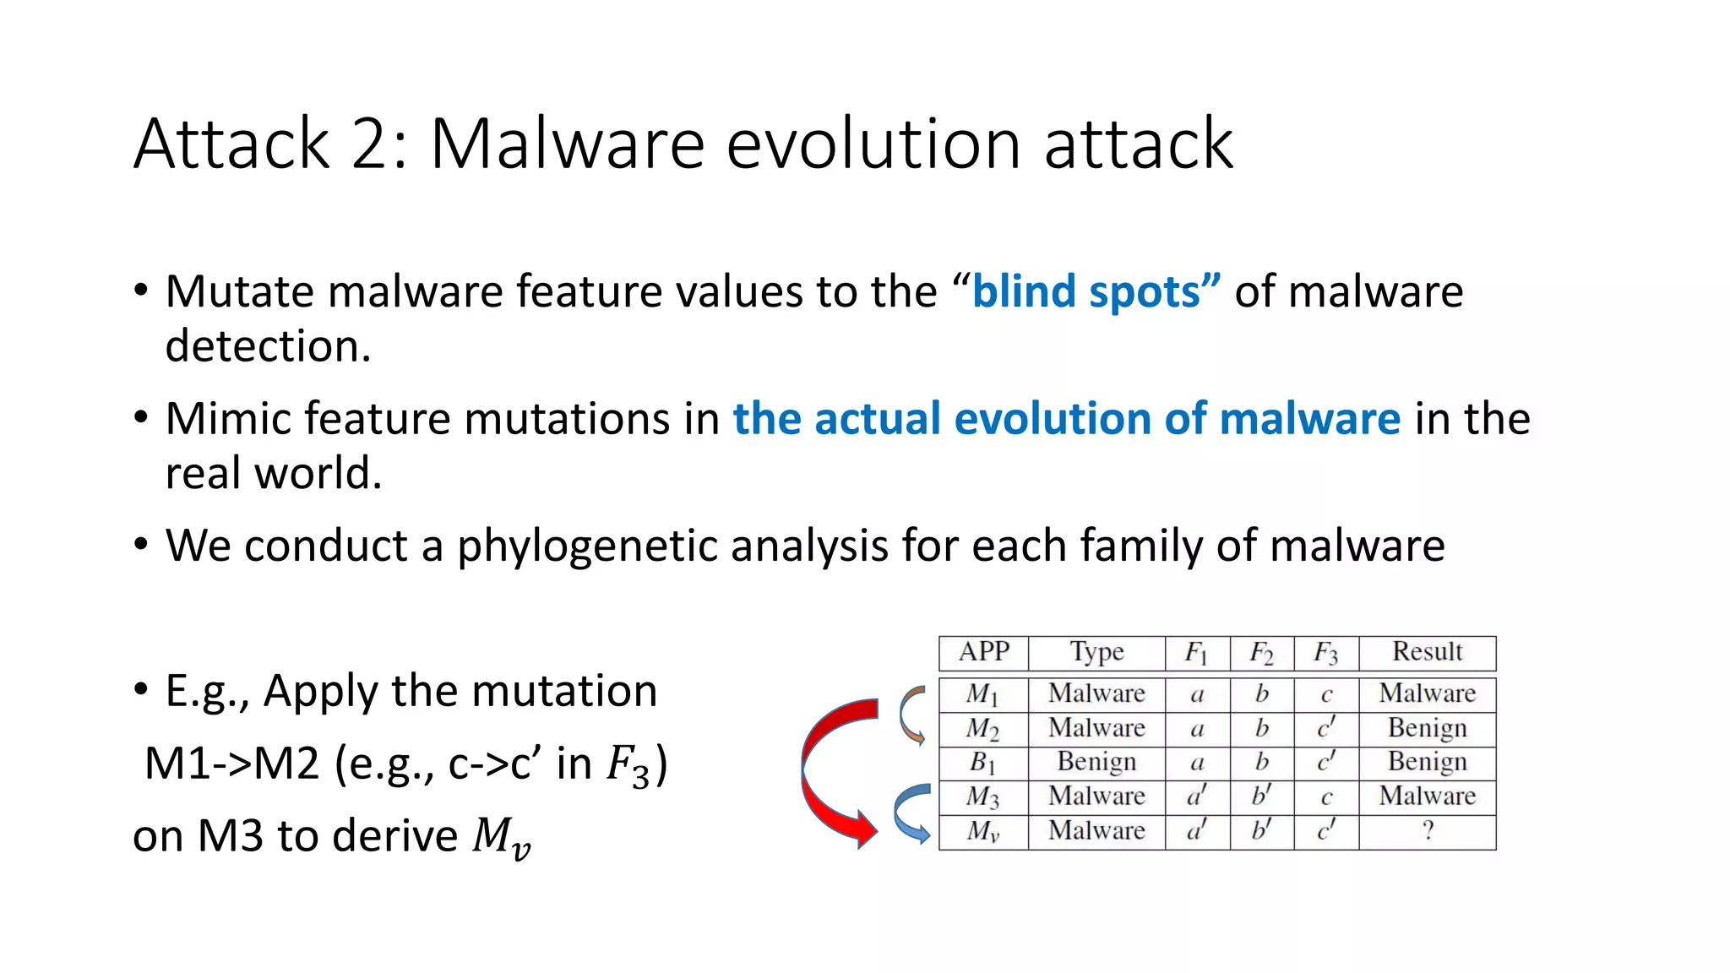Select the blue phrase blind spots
(1096, 292)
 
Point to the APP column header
(983, 652)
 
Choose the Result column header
(1427, 652)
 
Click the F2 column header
(1261, 653)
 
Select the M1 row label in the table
(982, 694)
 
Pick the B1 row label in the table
(982, 763)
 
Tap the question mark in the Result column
(1428, 831)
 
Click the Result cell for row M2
(1427, 728)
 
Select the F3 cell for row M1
(1326, 695)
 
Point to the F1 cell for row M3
(1197, 796)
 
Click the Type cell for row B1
(1096, 762)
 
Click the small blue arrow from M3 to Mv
(911, 813)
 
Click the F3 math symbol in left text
(629, 765)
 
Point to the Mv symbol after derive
(501, 838)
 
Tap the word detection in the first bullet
(268, 346)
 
